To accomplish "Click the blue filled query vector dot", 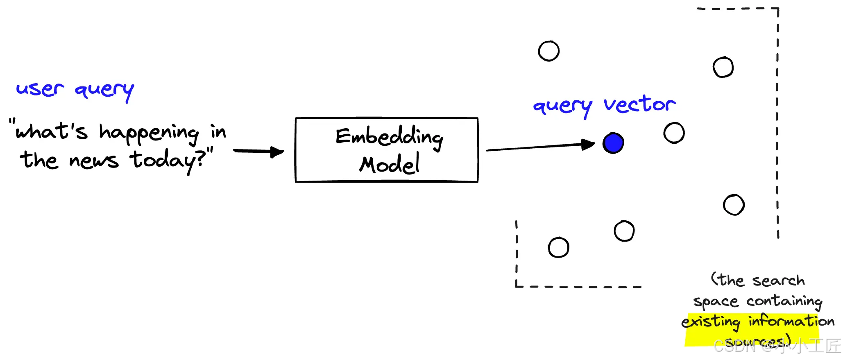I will point(613,143).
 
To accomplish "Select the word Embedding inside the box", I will point(389,137).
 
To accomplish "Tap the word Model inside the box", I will point(389,164).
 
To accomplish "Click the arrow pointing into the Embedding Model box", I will point(258,152).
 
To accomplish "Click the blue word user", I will point(40,89).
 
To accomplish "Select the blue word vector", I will point(639,105).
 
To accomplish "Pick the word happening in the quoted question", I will point(149,133).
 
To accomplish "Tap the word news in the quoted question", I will point(94,161).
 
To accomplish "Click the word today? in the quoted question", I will point(168,160).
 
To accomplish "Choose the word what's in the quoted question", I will point(51,131).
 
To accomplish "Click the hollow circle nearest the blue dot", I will point(674,133).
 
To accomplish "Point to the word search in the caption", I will point(778,281).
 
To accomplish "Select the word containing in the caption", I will point(784,301).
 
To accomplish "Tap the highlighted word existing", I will point(711,322).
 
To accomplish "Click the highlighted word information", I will point(791,321).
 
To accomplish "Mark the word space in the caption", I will point(715,302).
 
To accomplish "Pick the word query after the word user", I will point(104,90).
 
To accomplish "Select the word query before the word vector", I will point(562,106).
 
